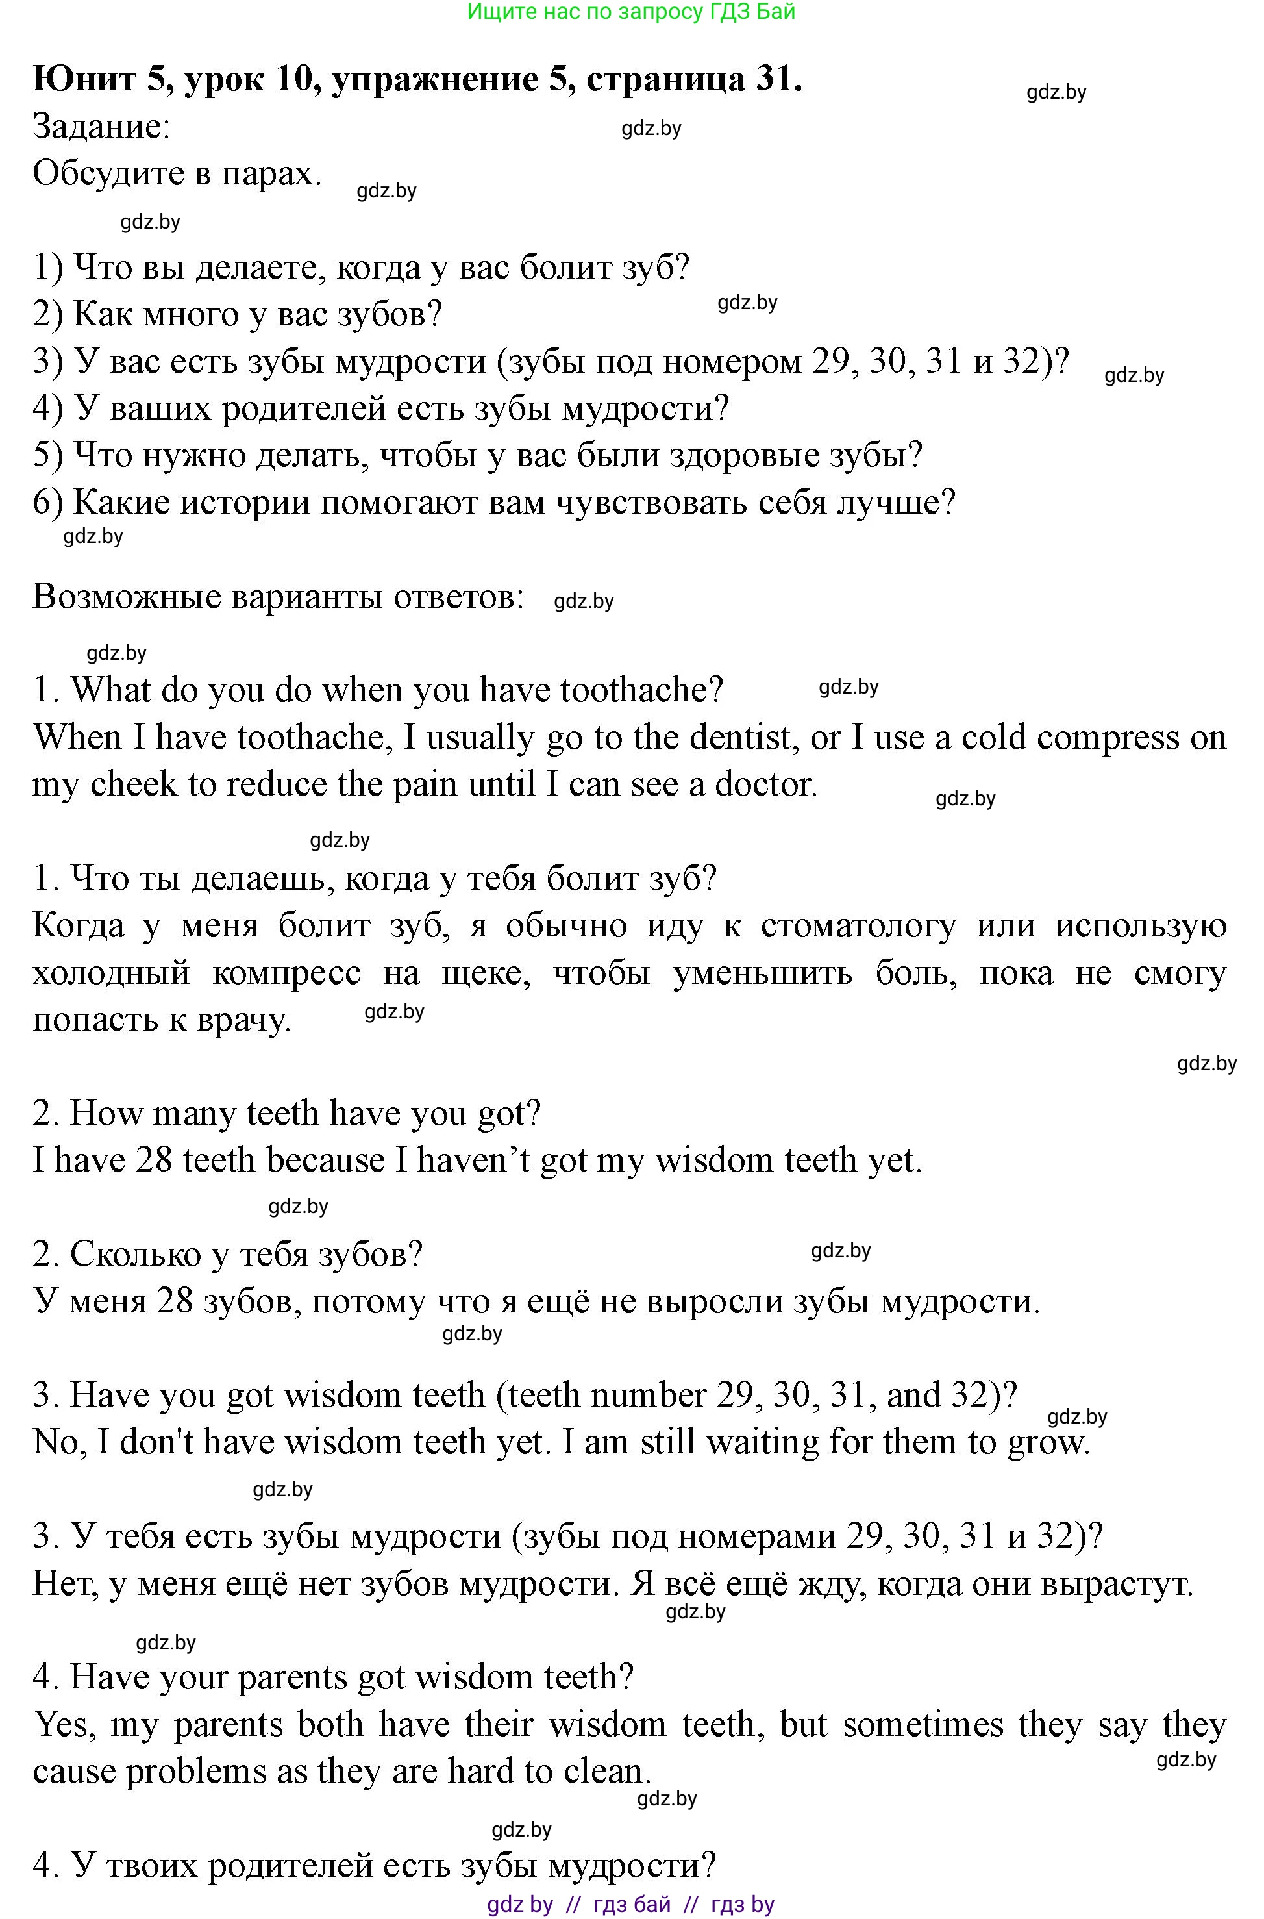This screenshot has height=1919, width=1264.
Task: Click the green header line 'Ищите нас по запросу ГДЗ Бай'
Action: coord(631,11)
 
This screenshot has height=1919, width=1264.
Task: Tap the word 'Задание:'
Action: coord(101,127)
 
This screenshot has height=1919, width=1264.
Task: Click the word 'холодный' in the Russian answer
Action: coord(111,973)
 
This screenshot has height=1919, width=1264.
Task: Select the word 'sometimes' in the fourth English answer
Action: coord(924,1725)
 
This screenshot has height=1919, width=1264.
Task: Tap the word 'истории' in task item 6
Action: coord(244,503)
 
